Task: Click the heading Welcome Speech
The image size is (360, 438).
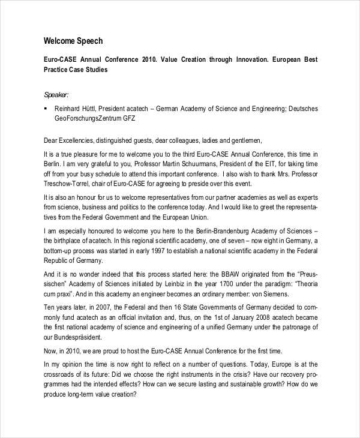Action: (x=73, y=41)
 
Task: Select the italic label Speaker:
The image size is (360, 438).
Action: (x=57, y=94)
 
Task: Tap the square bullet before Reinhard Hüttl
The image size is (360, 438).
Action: (x=46, y=109)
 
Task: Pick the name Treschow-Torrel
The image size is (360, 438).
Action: (x=68, y=184)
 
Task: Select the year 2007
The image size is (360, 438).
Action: (x=106, y=307)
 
